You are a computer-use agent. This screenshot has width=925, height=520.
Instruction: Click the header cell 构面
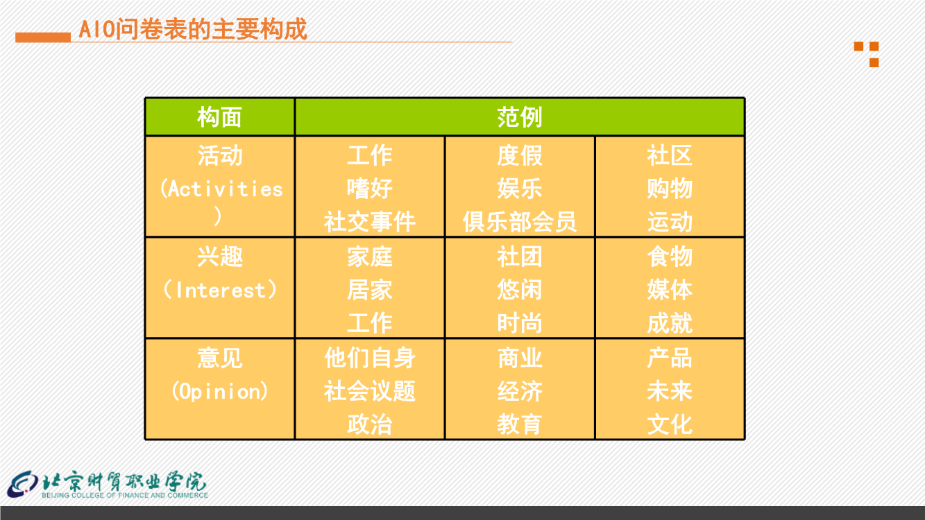point(220,116)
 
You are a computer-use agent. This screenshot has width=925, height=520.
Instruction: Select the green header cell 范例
point(520,116)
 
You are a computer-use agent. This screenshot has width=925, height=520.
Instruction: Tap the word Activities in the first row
point(226,189)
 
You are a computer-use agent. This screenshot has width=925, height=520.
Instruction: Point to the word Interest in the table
point(221,290)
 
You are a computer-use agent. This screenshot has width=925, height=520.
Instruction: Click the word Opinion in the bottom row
point(220,391)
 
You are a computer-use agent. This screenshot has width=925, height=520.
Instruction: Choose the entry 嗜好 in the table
point(370,189)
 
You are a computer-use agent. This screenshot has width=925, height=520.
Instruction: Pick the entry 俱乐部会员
point(520,222)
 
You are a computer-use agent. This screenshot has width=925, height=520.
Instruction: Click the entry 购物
point(670,189)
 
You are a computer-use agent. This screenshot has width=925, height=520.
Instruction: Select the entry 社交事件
point(370,222)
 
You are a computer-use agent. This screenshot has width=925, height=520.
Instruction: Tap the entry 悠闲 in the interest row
point(520,289)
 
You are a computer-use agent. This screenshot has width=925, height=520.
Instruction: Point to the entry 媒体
point(670,289)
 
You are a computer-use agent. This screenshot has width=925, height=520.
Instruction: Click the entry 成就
point(670,322)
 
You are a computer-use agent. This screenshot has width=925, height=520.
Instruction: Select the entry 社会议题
point(370,391)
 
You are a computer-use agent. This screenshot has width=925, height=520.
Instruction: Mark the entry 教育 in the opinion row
point(520,424)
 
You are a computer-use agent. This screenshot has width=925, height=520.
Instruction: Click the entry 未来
point(670,391)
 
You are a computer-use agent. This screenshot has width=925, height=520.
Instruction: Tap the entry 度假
point(520,155)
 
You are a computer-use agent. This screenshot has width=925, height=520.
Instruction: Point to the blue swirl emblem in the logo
point(23,484)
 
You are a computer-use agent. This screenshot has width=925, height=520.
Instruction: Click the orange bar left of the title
point(43,37)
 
